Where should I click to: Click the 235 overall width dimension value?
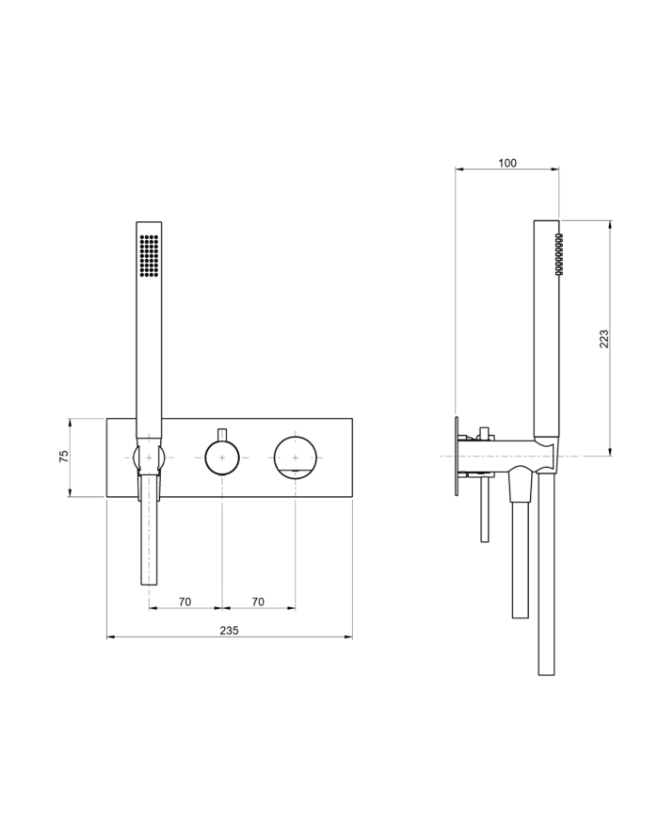tap(229, 630)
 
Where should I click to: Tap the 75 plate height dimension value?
tap(64, 457)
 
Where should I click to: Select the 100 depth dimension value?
tap(506, 163)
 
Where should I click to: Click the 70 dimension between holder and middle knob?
tap(185, 601)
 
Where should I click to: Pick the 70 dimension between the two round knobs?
tap(258, 601)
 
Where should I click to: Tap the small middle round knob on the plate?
tap(222, 458)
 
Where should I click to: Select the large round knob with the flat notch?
tap(296, 457)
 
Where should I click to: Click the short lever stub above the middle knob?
tap(222, 432)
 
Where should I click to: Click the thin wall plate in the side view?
tap(457, 457)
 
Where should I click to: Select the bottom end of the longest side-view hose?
tap(545, 669)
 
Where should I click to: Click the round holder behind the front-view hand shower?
tap(149, 458)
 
